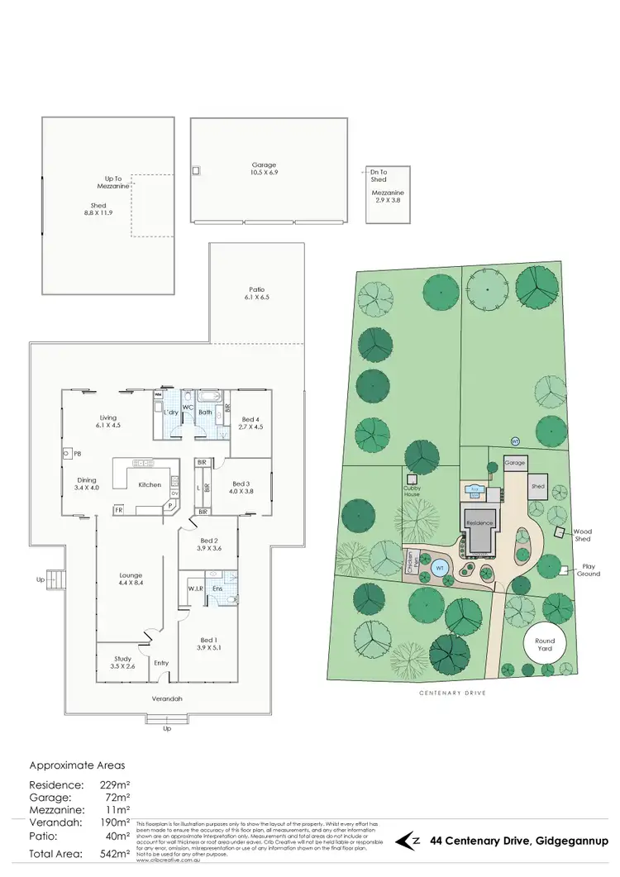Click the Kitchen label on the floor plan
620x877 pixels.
tap(150, 484)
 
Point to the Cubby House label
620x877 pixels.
tap(413, 490)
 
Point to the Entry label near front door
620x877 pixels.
tap(160, 662)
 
